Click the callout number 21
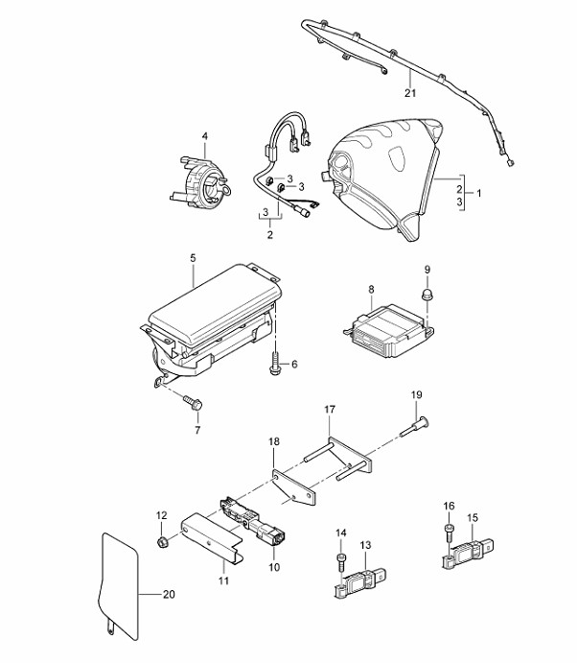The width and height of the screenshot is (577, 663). point(410,93)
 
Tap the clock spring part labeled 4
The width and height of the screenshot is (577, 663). point(201,182)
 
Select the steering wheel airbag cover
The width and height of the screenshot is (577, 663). point(383,178)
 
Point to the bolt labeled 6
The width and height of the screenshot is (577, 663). point(275,365)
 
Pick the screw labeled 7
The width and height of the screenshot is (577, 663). point(193,402)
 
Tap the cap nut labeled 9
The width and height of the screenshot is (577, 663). point(427,294)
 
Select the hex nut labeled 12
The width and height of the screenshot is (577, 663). point(162,541)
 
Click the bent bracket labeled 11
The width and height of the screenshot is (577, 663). point(212,537)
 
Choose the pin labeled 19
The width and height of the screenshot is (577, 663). point(414,427)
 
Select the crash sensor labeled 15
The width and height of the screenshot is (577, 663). point(468,553)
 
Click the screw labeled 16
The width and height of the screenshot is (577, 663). point(449,533)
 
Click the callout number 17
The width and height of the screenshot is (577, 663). point(330,410)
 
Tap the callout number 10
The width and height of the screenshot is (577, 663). point(274,567)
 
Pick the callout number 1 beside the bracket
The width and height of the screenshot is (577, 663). point(478,193)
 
